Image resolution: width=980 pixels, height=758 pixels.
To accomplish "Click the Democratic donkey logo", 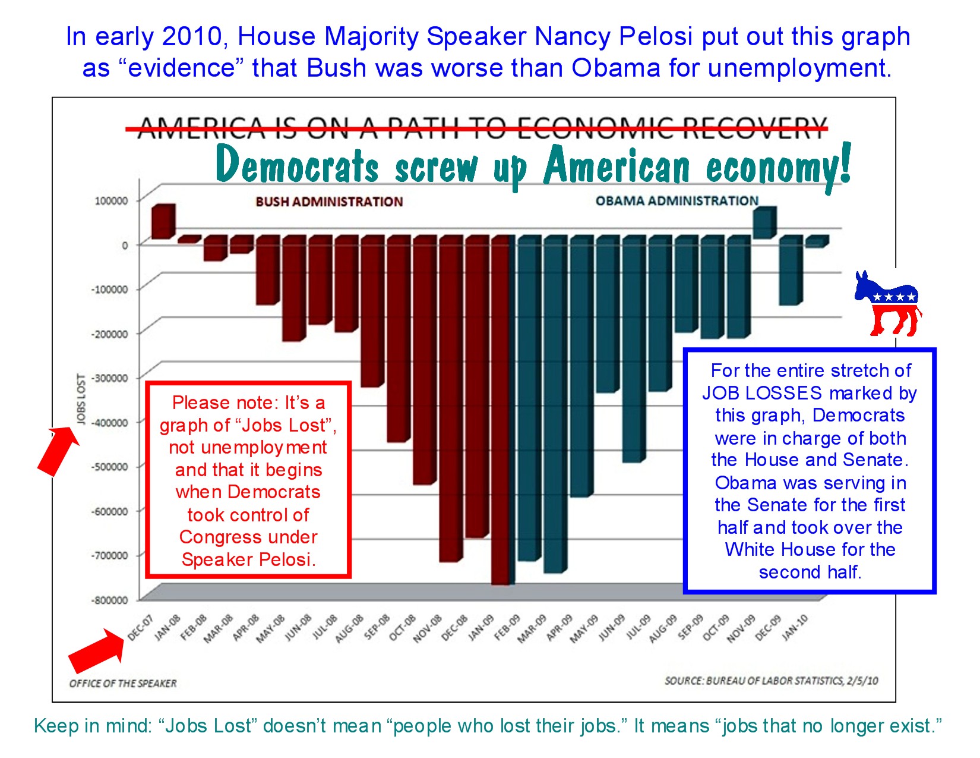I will point(888,303).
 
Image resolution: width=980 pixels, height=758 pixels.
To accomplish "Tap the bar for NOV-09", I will point(764,224).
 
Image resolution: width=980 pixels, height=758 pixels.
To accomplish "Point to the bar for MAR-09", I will point(554,404).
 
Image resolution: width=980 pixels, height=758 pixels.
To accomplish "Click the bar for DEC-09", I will point(791,271).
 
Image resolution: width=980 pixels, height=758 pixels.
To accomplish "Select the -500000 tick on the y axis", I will point(109,467).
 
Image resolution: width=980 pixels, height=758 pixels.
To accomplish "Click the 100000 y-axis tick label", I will point(111,201).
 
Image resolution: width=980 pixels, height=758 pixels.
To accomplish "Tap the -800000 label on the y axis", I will point(109,600).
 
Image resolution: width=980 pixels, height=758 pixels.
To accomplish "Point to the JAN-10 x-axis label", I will point(795,628).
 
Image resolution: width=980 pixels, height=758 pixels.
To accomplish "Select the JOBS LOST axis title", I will point(81,399).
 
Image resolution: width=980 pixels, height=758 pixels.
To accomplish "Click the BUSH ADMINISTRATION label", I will point(329,202).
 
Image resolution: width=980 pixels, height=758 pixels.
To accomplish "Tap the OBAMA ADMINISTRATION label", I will point(677,201).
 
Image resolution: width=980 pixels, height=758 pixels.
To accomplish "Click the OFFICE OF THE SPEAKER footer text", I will point(123,684).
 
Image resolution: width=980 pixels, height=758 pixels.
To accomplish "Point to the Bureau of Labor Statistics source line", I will point(771,681).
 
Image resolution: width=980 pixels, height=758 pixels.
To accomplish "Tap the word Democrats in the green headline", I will point(297,165).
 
